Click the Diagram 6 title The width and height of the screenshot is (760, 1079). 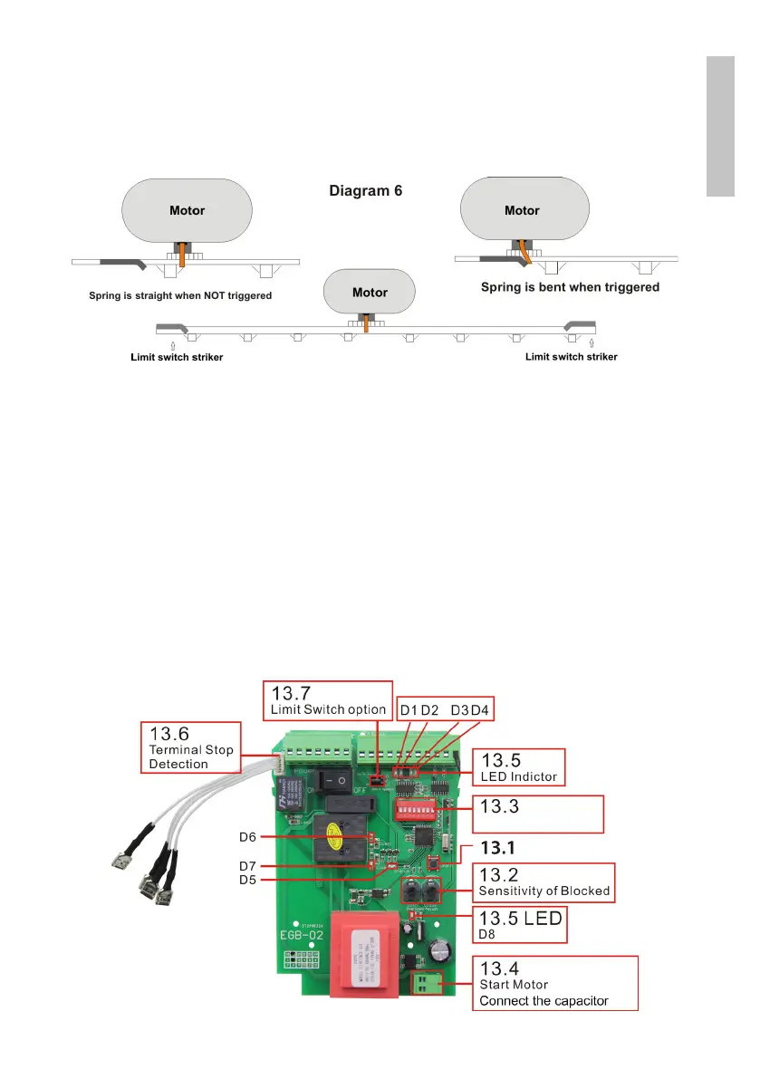[x=364, y=191]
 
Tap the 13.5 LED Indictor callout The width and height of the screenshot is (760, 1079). [x=519, y=767]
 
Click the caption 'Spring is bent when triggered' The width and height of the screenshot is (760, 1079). [x=569, y=287]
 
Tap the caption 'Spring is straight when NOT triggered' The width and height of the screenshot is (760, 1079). [x=180, y=295]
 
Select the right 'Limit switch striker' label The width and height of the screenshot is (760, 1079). [x=572, y=357]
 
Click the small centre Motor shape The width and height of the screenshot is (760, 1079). [x=370, y=293]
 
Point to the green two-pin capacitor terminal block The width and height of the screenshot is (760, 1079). [x=424, y=984]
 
